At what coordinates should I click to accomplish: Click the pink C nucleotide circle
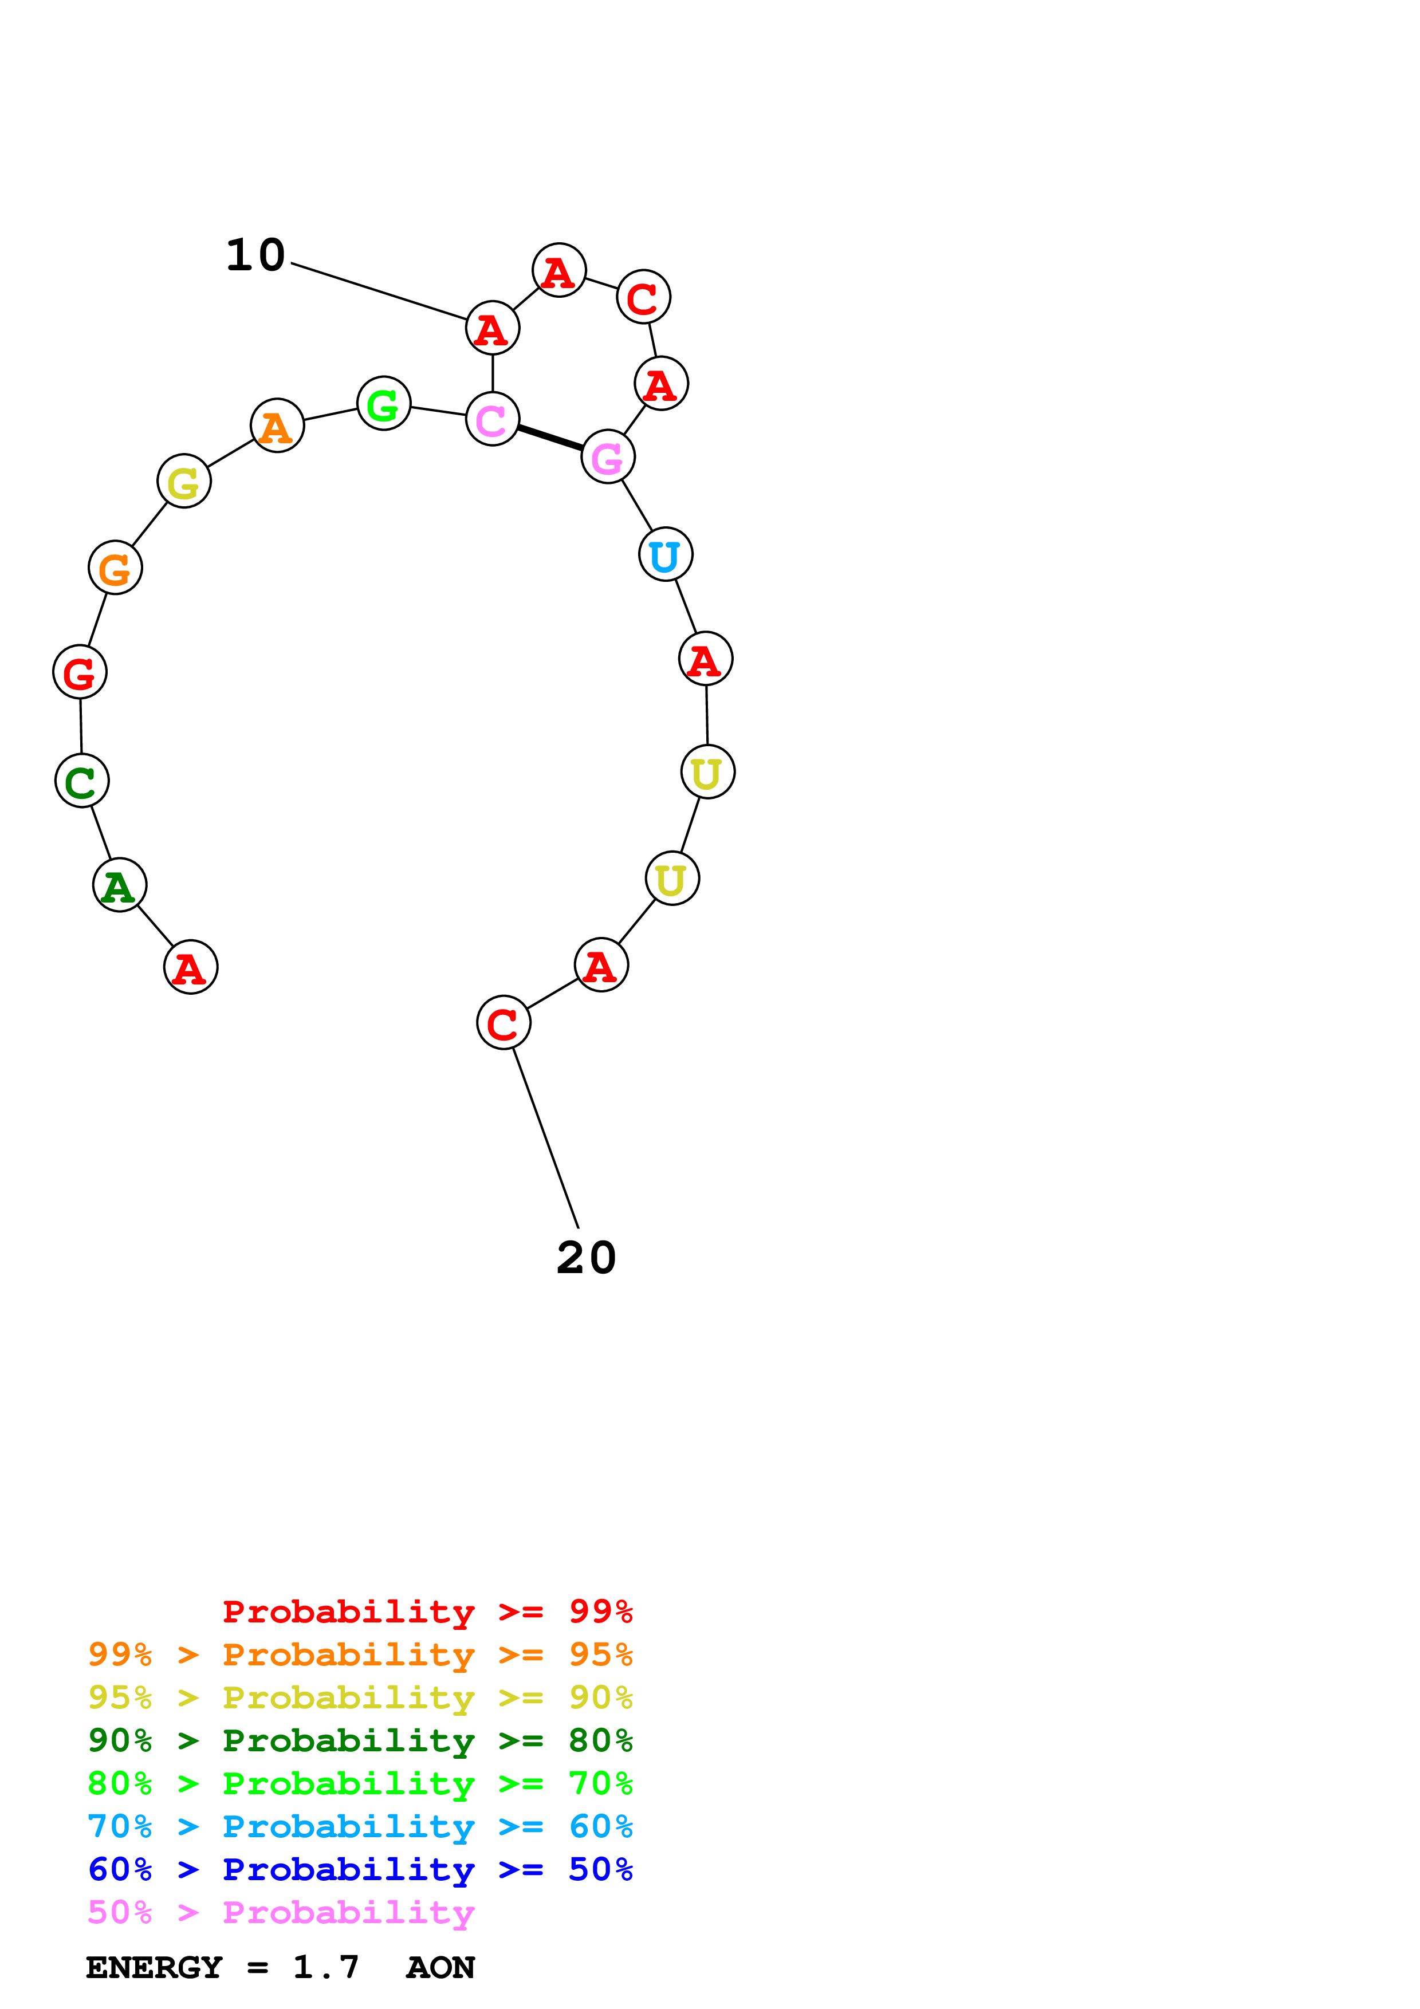pos(493,419)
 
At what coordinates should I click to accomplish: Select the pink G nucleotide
pos(608,457)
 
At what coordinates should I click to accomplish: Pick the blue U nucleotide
pos(666,555)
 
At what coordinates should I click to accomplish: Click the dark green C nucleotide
pos(81,781)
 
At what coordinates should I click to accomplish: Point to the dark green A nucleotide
pos(120,885)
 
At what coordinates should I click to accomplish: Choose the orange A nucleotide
pos(277,426)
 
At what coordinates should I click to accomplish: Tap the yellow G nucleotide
pos(184,481)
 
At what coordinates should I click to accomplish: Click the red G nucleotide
pos(80,672)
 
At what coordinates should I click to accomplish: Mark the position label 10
pos(255,255)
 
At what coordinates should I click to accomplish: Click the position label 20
pos(586,1258)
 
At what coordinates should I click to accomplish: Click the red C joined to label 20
pos(503,1022)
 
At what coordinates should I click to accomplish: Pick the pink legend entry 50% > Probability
pos(281,1913)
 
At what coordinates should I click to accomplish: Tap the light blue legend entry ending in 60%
pos(360,1827)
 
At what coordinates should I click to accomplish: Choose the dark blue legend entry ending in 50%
pos(360,1870)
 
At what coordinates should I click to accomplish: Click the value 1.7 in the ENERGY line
pos(325,1968)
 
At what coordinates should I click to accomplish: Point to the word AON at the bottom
pos(440,1968)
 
